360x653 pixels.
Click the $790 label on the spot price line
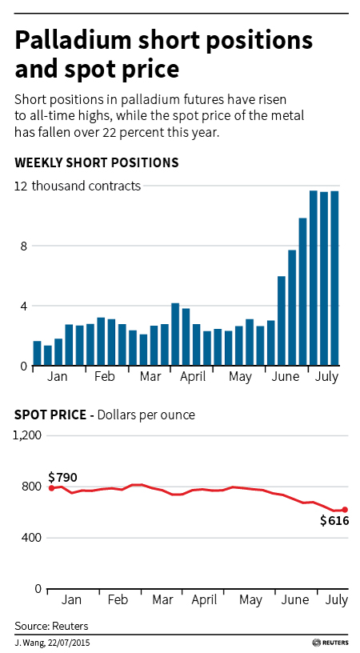coord(63,477)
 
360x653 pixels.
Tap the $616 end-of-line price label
coord(334,521)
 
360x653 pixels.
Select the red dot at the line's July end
coord(345,510)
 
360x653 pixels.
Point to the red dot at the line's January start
coord(52,488)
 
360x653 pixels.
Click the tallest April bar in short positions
coord(175,335)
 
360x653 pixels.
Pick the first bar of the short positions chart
coord(38,354)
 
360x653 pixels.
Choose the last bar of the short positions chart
coord(334,278)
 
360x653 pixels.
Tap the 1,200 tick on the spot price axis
coord(27,435)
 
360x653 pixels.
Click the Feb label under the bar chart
coord(104,376)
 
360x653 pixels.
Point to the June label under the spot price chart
coord(294,599)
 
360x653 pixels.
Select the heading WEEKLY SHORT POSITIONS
coord(97,162)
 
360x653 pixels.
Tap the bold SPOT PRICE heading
coord(50,415)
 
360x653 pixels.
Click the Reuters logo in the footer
coord(330,643)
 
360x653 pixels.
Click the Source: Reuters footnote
coord(52,626)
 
